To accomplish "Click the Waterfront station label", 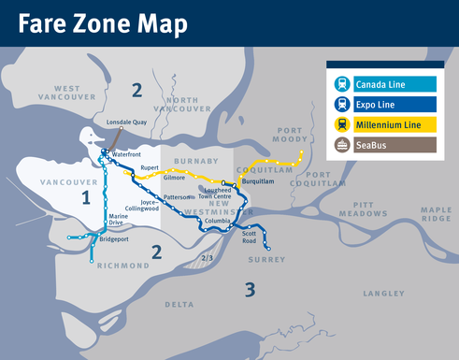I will (x=125, y=153).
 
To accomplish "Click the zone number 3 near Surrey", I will (x=250, y=289).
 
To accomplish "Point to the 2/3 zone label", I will (x=208, y=257).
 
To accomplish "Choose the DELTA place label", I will (x=179, y=304).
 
